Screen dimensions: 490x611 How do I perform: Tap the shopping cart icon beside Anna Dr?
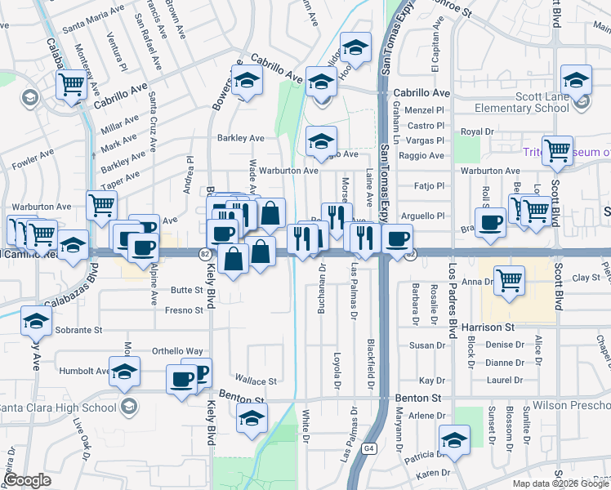pos(510,280)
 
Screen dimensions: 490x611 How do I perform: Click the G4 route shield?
pos(369,448)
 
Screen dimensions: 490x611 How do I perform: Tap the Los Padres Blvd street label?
pos(452,300)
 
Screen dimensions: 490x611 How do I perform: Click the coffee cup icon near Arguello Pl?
pos(492,222)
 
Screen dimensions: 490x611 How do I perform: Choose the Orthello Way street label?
pos(177,351)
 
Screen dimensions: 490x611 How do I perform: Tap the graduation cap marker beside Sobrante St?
pos(36,322)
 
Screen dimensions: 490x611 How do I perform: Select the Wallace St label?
pos(255,381)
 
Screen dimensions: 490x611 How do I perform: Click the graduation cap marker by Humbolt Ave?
pos(124,372)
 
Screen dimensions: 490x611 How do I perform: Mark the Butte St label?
pos(186,290)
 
